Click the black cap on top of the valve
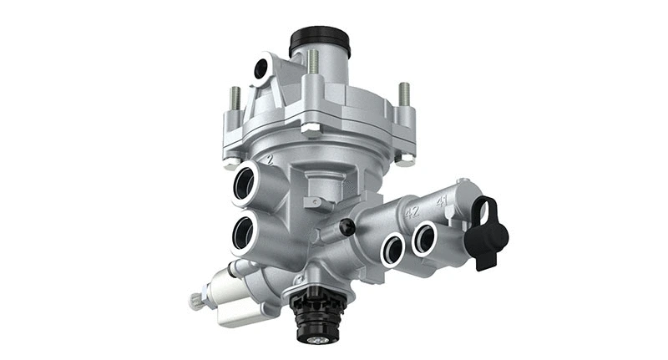click(x=319, y=39)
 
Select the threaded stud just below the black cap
click(x=313, y=62)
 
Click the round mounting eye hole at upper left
click(x=262, y=68)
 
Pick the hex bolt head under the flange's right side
click(x=404, y=158)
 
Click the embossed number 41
click(x=441, y=200)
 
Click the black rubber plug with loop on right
click(x=487, y=233)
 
